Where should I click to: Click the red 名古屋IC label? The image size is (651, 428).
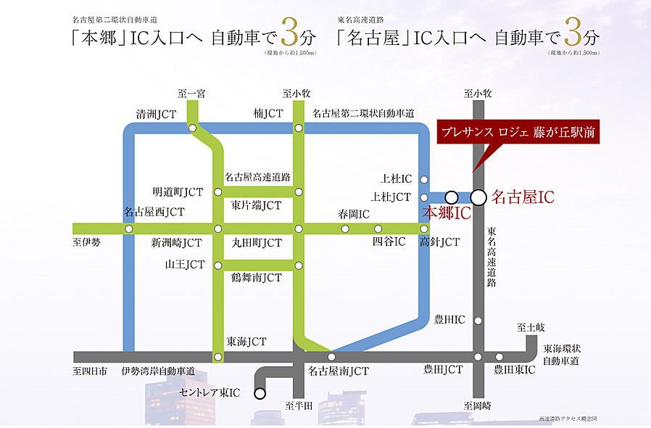[x=522, y=197]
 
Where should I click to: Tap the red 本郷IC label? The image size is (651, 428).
[x=447, y=213]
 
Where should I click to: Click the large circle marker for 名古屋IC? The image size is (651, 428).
[x=478, y=197]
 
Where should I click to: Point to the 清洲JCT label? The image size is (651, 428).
[x=157, y=114]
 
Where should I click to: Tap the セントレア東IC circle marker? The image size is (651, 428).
[x=260, y=393]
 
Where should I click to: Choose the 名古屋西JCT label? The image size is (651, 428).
[x=154, y=212]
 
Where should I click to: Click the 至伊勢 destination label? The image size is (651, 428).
[x=86, y=242]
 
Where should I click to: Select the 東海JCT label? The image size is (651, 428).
[x=246, y=341]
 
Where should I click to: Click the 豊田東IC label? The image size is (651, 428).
[x=514, y=371]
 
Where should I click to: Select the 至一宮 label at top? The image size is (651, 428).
[x=192, y=93]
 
